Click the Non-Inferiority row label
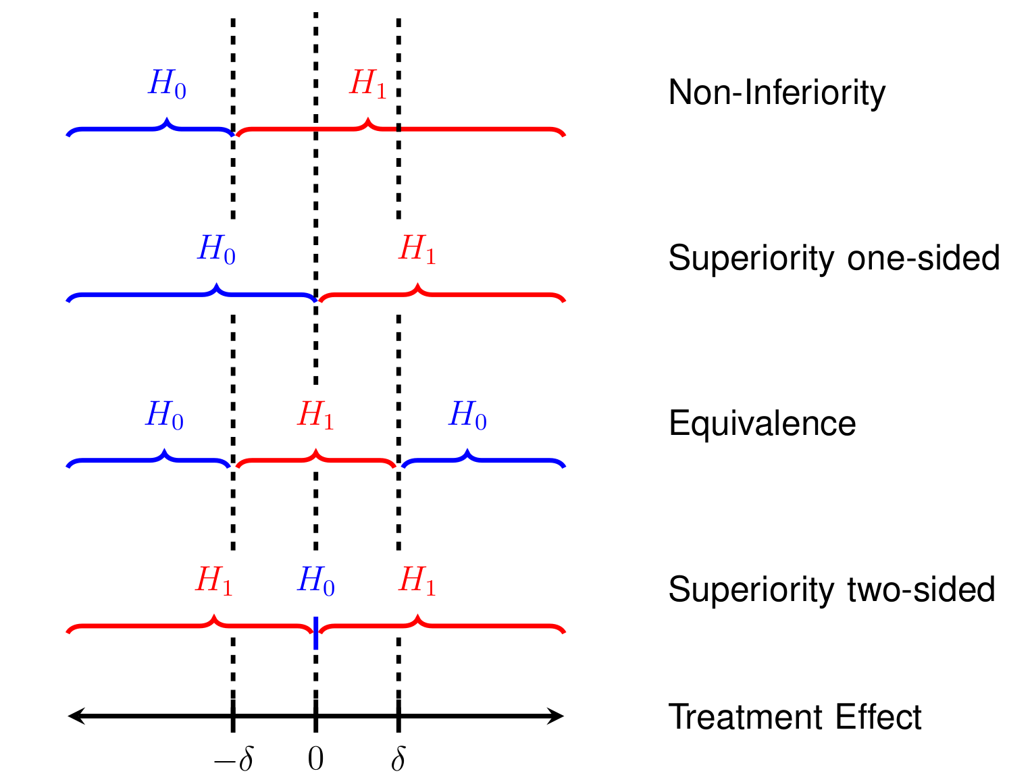776,93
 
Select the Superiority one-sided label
833,258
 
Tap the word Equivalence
762,423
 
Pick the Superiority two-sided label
831,590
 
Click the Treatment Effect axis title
794,717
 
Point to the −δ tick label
233,760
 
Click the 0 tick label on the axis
315,759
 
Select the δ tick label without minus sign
398,760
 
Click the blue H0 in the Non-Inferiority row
167,84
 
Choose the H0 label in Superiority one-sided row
216,249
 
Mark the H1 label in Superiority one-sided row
417,249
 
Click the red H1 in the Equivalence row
315,415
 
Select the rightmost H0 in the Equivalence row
467,415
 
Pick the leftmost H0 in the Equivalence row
164,415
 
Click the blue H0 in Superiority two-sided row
315,581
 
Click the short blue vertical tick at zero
315,633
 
